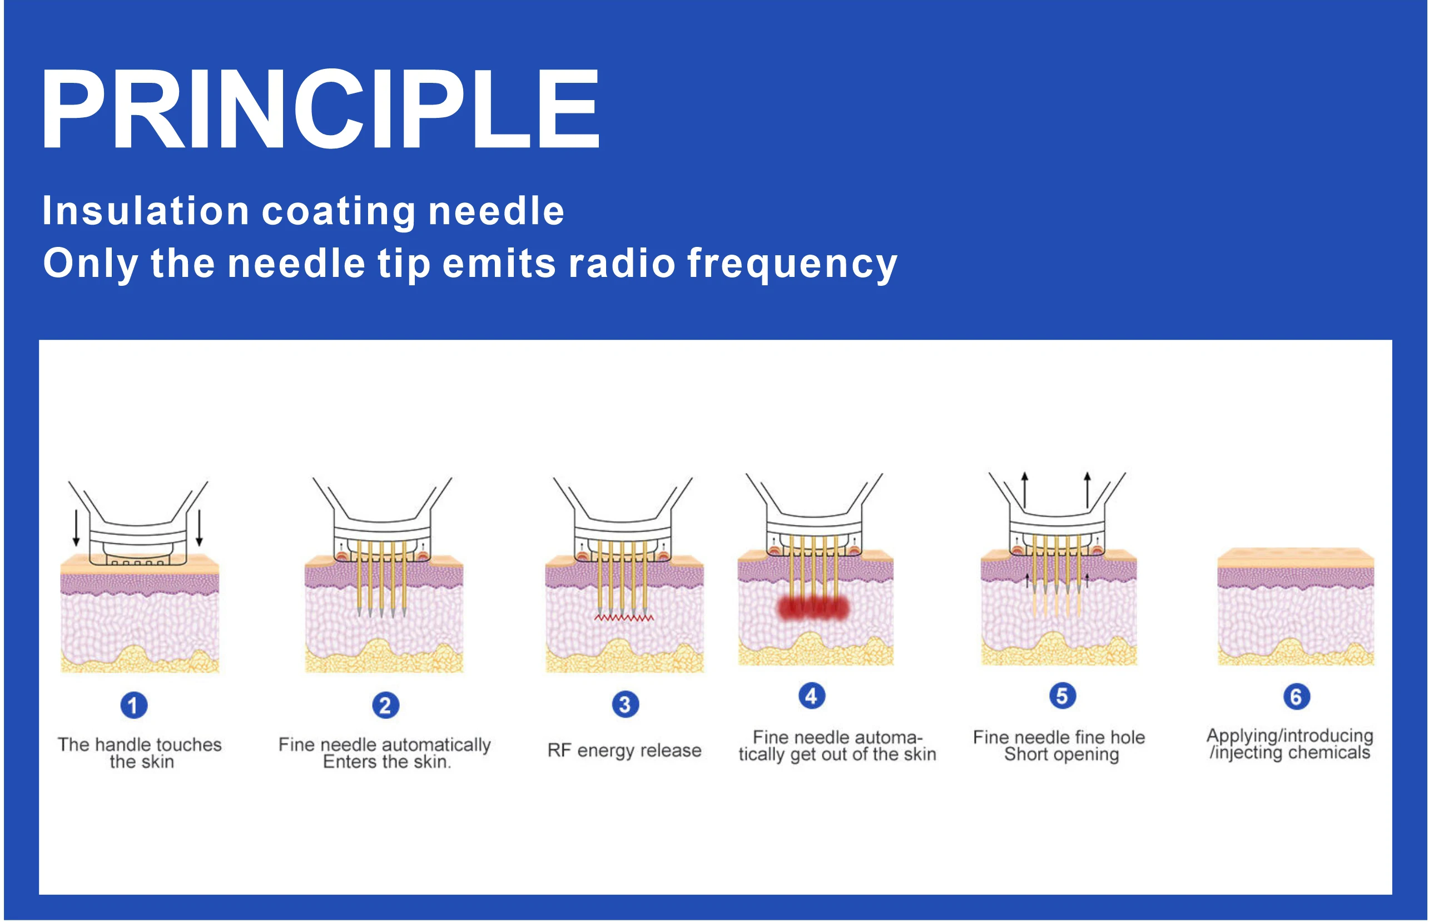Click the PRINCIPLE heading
[x=320, y=109]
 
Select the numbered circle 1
[x=133, y=705]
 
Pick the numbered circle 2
[x=385, y=705]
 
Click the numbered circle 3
[x=625, y=705]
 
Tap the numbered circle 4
[x=811, y=696]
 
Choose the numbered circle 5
[x=1062, y=696]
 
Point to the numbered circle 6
[x=1296, y=697]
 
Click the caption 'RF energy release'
[x=624, y=750]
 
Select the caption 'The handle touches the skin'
[x=140, y=753]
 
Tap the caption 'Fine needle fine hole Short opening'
[x=1059, y=745]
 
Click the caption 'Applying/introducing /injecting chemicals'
[x=1290, y=743]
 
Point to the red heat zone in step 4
[x=813, y=608]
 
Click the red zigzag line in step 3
[x=624, y=617]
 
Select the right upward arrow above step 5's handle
[x=1087, y=490]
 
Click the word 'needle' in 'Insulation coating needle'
[x=497, y=211]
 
